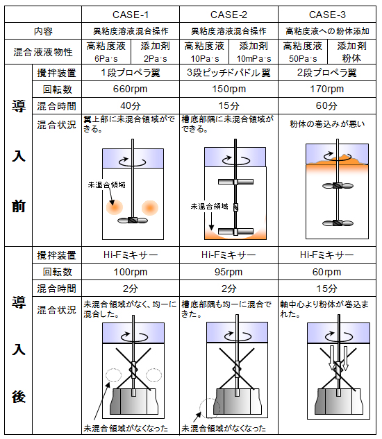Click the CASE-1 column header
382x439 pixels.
(x=131, y=15)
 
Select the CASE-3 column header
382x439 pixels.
(x=327, y=15)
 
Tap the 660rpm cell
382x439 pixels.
(x=130, y=89)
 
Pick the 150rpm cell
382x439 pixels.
(x=229, y=89)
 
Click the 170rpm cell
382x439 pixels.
(x=326, y=89)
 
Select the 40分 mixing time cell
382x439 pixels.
(x=131, y=106)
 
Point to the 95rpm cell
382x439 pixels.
(x=229, y=272)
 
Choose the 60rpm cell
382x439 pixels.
(x=326, y=272)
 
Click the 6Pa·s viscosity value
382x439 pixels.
(x=106, y=59)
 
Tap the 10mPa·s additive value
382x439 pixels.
(x=254, y=59)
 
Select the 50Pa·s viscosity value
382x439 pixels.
(x=303, y=59)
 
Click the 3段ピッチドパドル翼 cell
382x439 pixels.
(x=229, y=73)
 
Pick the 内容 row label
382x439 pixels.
(x=43, y=31)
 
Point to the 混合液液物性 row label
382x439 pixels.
(x=43, y=52)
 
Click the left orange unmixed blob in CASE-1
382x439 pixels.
(x=115, y=207)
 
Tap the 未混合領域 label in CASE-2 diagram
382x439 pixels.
(x=209, y=207)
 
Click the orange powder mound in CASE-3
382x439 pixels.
(x=337, y=160)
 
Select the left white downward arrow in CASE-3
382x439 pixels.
(x=332, y=358)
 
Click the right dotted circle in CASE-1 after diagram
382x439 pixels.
(x=153, y=375)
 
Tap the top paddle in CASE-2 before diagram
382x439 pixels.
(x=235, y=182)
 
